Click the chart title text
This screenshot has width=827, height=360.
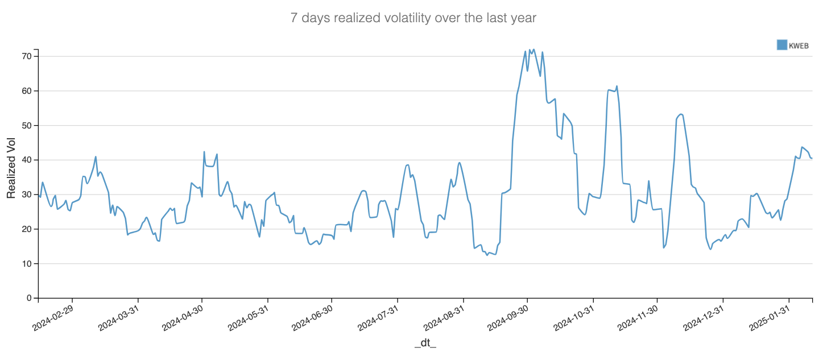[x=413, y=18]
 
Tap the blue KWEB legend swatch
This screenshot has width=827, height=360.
[x=782, y=44]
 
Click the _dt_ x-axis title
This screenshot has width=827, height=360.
[x=425, y=343]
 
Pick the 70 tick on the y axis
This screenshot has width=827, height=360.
[x=26, y=56]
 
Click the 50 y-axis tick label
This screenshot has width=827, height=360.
[x=26, y=125]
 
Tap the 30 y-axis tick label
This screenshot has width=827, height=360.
[x=26, y=195]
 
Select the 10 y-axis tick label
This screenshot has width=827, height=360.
[x=26, y=263]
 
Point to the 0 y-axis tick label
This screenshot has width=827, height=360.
[x=28, y=298]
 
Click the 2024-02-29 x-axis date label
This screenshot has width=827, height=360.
[x=53, y=316]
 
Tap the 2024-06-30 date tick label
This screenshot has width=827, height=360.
[x=313, y=316]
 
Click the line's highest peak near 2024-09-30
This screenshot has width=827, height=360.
[x=533, y=49]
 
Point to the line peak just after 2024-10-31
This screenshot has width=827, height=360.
[x=617, y=86]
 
